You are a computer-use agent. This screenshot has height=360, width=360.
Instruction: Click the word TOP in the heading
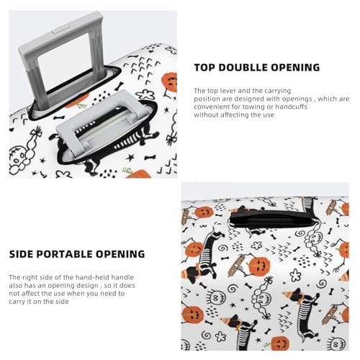pyautogui.click(x=206, y=68)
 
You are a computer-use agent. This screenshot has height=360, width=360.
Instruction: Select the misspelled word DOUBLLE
pyautogui.click(x=249, y=68)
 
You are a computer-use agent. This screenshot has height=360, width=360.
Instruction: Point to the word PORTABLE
pyautogui.click(x=71, y=254)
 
